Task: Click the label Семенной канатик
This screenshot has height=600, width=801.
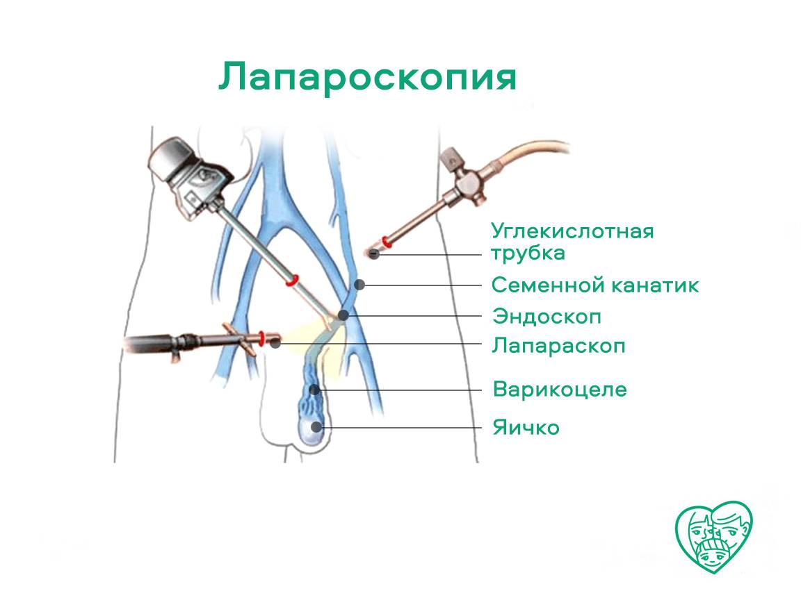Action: tap(594, 285)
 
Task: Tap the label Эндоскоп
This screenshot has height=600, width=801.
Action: tap(547, 317)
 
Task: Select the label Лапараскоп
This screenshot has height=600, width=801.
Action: tap(558, 346)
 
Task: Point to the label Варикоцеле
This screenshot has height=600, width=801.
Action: tap(559, 390)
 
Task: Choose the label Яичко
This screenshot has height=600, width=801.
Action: tap(526, 428)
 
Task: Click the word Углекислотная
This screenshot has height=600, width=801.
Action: tap(572, 231)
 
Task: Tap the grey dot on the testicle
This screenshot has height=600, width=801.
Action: tap(317, 427)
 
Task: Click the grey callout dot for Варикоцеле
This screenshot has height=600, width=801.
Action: tap(315, 390)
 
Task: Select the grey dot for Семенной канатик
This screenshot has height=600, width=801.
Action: tap(359, 285)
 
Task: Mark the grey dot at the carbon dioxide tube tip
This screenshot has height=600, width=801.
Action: tap(375, 253)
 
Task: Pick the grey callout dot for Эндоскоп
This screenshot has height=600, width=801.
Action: tap(343, 316)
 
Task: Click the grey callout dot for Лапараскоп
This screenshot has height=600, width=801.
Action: tap(276, 343)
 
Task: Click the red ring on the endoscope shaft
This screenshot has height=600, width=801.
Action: tap(292, 280)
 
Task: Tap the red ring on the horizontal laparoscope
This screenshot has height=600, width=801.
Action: tap(261, 338)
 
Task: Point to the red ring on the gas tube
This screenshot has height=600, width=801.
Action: tap(387, 241)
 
